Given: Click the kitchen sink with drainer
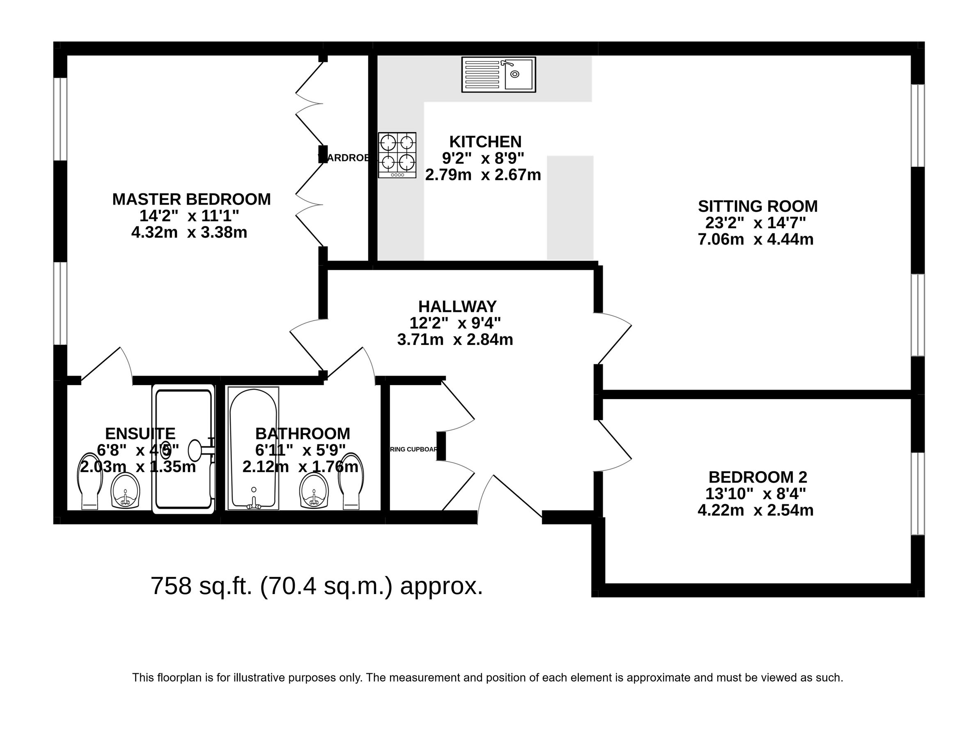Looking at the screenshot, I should click(x=498, y=75).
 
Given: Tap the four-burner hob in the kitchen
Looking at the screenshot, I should click(x=397, y=155).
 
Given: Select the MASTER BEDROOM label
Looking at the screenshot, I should click(x=191, y=199).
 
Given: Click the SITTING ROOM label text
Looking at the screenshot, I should click(x=757, y=207).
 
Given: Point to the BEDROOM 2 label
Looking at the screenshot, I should click(x=757, y=477).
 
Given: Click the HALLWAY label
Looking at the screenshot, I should click(x=457, y=306).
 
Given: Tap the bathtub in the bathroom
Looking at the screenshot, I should click(x=253, y=448).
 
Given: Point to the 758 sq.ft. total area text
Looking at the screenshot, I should click(x=317, y=586).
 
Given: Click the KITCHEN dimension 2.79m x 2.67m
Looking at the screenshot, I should click(x=483, y=175).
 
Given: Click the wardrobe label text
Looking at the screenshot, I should click(x=344, y=158).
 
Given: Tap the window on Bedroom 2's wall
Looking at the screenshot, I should click(x=918, y=493).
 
